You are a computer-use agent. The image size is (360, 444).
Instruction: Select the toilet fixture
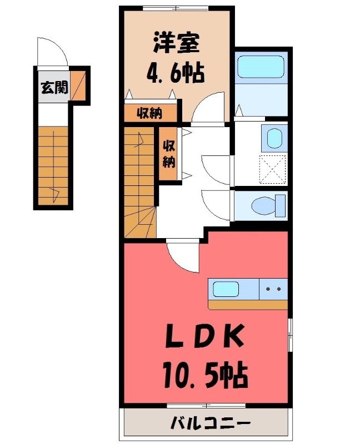coord(266,206)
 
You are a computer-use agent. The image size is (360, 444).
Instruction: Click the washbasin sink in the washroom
coord(274,139)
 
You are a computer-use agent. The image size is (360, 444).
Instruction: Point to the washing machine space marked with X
coord(273,169)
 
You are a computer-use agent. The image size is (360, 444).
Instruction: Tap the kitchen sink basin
coord(226,289)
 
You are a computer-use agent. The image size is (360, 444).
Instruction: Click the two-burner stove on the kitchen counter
coord(274,289)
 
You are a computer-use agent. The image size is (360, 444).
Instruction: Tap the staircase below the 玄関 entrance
coord(53,165)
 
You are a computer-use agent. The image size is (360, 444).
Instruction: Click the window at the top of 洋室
coord(175,7)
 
